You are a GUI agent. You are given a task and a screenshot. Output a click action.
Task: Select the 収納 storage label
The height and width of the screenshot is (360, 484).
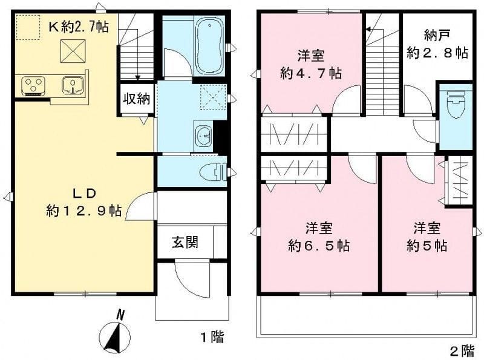[137, 98]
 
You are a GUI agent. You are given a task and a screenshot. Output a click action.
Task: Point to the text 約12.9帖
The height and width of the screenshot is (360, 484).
[84, 211]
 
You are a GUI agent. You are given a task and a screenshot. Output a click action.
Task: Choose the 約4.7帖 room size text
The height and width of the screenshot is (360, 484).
[310, 73]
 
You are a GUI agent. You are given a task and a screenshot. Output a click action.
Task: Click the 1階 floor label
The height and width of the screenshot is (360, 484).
[212, 337]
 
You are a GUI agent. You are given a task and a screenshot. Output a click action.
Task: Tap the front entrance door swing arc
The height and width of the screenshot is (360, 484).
[188, 278]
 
